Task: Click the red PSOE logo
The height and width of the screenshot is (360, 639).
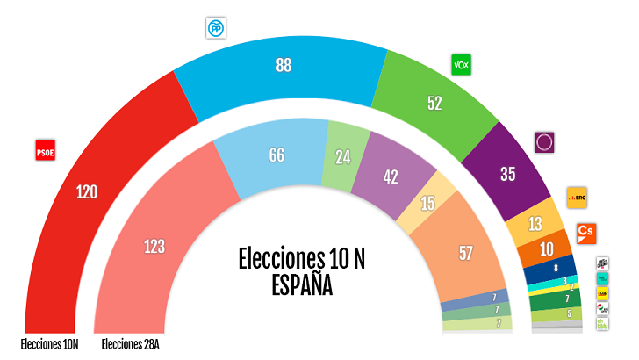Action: pyautogui.click(x=44, y=150)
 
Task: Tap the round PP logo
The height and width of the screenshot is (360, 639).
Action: pyautogui.click(x=215, y=29)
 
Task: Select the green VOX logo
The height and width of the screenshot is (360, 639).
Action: pyautogui.click(x=462, y=64)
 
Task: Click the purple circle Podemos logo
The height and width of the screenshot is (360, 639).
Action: pyautogui.click(x=544, y=140)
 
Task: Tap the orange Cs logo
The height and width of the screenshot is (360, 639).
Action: pyautogui.click(x=585, y=233)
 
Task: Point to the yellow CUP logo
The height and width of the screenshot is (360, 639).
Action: pyautogui.click(x=602, y=292)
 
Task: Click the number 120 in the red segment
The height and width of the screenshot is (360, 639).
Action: pyautogui.click(x=87, y=192)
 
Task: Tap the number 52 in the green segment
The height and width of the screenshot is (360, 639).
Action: pyautogui.click(x=434, y=103)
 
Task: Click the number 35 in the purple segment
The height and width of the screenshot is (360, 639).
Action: pyautogui.click(x=507, y=174)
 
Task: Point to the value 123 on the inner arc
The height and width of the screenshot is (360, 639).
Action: pyautogui.click(x=154, y=247)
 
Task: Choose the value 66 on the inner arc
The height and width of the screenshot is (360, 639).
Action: pyautogui.click(x=276, y=155)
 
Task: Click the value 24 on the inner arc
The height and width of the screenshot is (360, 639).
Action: pyautogui.click(x=342, y=159)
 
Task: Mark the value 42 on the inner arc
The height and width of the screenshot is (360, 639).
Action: pyautogui.click(x=391, y=176)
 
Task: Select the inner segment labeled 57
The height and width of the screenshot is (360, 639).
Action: pyautogui.click(x=465, y=253)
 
